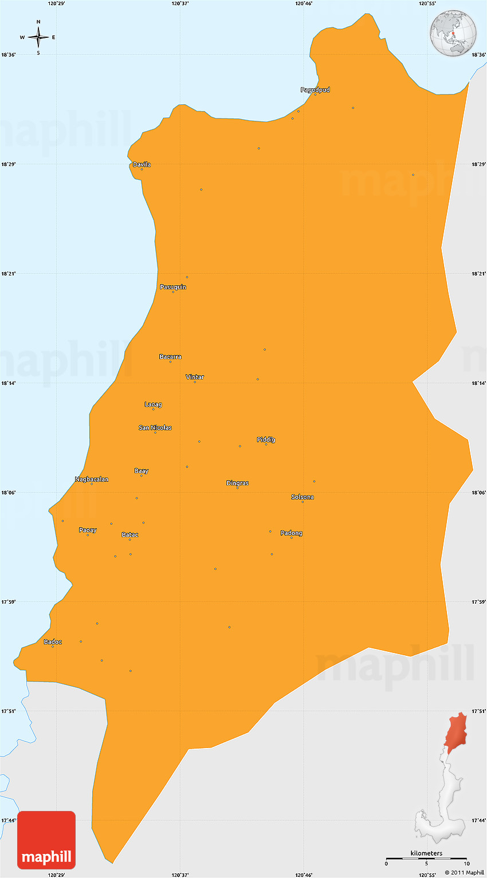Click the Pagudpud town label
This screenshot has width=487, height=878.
(x=315, y=90)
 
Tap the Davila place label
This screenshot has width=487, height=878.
(x=142, y=165)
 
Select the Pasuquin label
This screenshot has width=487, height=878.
(x=172, y=287)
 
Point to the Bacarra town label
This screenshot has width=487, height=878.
(x=170, y=357)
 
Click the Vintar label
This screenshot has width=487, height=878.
(x=195, y=377)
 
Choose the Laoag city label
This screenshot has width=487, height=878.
(x=153, y=404)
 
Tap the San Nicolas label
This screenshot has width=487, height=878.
(x=155, y=428)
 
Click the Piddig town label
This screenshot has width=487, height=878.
(x=266, y=440)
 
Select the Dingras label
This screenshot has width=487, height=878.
(x=237, y=483)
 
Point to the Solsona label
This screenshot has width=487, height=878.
(x=303, y=497)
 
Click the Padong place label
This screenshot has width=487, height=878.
(x=291, y=533)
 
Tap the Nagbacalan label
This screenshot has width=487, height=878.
(x=92, y=479)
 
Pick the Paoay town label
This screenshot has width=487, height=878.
(x=88, y=530)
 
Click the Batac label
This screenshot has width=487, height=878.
(x=130, y=535)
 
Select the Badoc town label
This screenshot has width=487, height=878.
(x=53, y=642)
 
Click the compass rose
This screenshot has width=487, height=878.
(x=38, y=37)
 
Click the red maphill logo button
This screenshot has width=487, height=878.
(x=46, y=840)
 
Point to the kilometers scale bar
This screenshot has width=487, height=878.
(x=426, y=859)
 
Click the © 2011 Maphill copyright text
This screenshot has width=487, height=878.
(x=464, y=873)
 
